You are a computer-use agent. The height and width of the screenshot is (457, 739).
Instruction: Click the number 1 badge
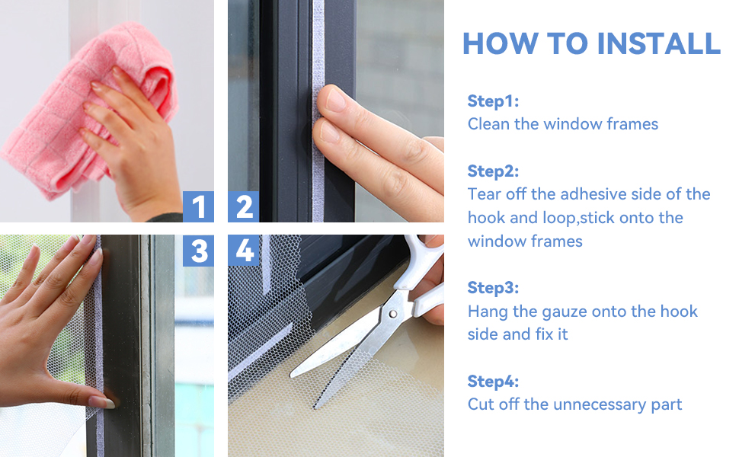click(198, 206)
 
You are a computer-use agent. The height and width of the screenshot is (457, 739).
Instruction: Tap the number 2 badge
click(244, 206)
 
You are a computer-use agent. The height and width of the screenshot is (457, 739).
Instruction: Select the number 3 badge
click(198, 251)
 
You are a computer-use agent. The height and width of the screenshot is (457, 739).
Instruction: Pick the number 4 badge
click(244, 251)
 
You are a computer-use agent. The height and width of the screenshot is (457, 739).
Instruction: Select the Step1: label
click(493, 101)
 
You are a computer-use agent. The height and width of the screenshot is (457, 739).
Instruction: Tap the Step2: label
click(493, 171)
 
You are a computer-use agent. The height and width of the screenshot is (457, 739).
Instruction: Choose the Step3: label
click(493, 287)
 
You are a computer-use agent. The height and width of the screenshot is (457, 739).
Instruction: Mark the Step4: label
click(493, 381)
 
